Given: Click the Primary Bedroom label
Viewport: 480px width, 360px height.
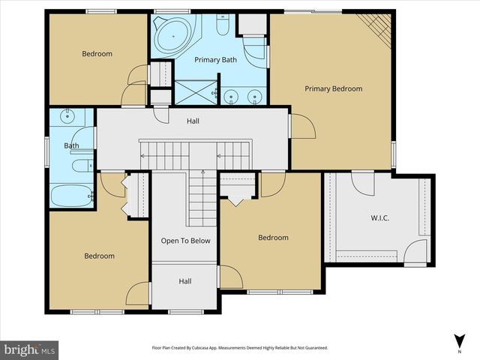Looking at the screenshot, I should (x=333, y=88).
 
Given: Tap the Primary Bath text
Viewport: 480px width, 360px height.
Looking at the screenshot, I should (x=215, y=59).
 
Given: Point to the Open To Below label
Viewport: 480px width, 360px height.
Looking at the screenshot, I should (x=185, y=241).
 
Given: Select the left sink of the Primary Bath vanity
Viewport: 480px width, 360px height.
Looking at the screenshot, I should (x=232, y=95).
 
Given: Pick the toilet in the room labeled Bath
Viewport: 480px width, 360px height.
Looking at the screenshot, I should (x=79, y=166).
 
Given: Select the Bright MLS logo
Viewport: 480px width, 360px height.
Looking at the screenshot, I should (x=29, y=349).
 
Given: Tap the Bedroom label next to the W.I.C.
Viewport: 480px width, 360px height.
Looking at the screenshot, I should (x=273, y=238).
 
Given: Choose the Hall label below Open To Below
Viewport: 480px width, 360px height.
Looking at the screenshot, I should (x=185, y=281).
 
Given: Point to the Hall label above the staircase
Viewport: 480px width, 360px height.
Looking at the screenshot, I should (x=193, y=120).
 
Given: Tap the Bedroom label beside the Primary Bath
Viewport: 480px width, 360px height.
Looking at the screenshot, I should (x=97, y=53).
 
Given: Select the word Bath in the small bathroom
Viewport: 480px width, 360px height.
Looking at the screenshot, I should (x=72, y=145).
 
